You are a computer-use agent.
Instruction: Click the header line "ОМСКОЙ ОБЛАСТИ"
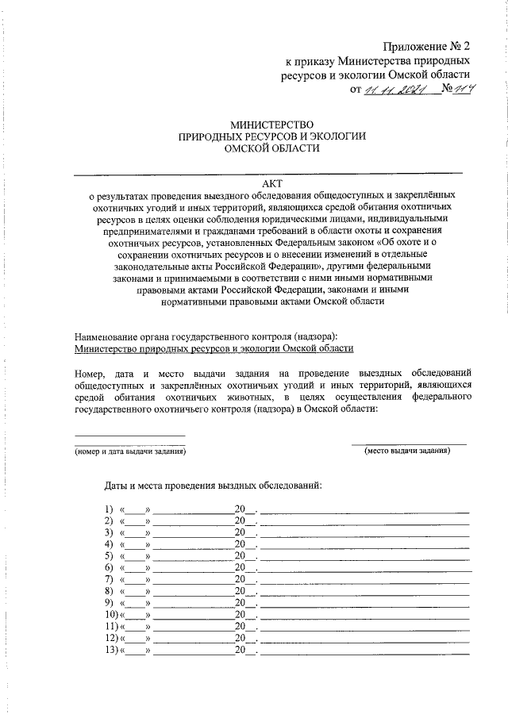pyautogui.click(x=271, y=148)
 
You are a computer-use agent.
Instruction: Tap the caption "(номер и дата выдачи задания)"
pyautogui.click(x=130, y=451)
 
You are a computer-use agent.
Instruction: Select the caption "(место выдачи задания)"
pyautogui.click(x=407, y=451)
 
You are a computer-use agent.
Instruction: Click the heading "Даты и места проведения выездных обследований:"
pyautogui.click(x=214, y=485)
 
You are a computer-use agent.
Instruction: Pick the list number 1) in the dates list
pyautogui.click(x=109, y=509)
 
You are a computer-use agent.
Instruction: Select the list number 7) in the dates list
pyautogui.click(x=109, y=580)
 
